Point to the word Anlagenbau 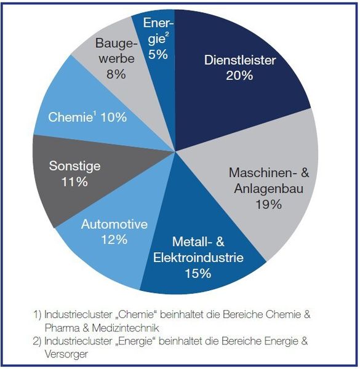click(269, 189)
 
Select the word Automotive click(114, 224)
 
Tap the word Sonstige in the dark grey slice click(74, 166)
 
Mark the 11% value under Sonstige click(74, 182)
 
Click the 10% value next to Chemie click(114, 117)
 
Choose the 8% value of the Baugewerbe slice click(115, 74)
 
